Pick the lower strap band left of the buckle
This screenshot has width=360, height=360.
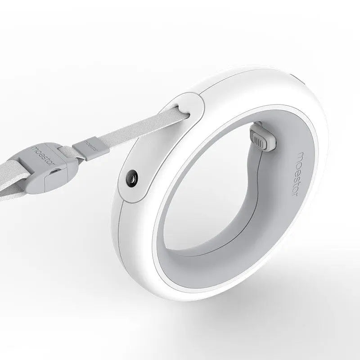[18, 189]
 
